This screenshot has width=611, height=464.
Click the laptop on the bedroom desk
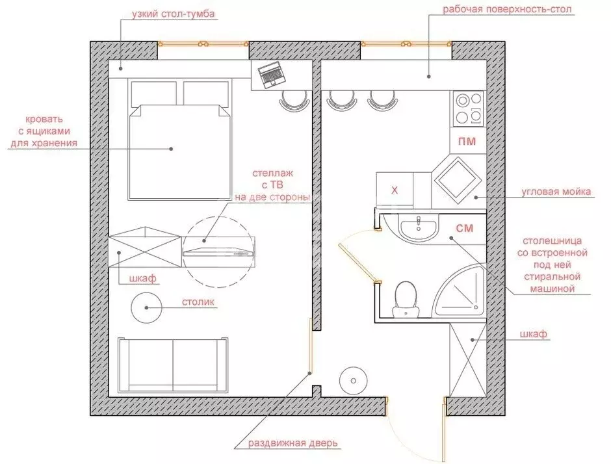tap(271, 76)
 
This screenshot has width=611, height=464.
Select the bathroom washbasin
tap(418, 227)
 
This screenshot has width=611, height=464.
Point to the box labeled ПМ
tap(466, 141)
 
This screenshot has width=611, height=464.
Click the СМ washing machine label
tap(463, 229)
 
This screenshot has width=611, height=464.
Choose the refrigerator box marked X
tap(394, 190)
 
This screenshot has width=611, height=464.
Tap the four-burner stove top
tap(469, 109)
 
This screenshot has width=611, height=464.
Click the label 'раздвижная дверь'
tap(293, 444)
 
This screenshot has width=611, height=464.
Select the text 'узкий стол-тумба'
tap(173, 13)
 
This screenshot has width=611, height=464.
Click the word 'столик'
tap(198, 302)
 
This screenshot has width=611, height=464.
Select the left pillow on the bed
tap(153, 92)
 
